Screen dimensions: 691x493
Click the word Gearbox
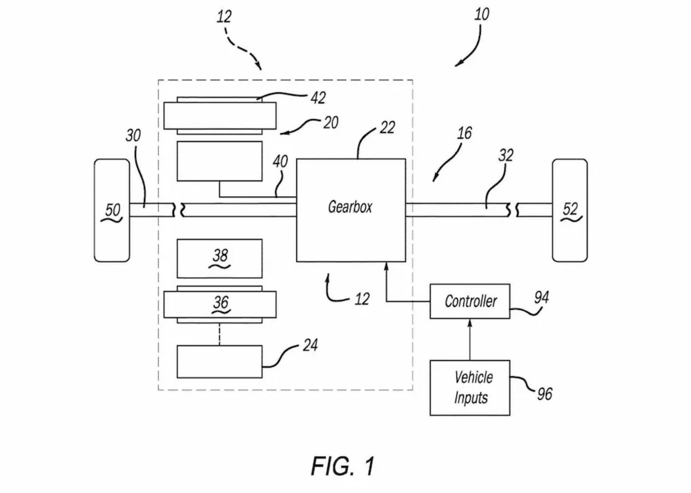(350, 207)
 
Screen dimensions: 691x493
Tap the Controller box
(470, 301)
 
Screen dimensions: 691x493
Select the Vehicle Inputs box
(470, 388)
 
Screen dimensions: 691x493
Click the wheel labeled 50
(112, 210)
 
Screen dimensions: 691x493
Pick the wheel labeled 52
(570, 210)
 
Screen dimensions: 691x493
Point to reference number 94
(541, 298)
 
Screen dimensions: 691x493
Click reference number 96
(545, 394)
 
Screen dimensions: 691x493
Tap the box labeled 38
(220, 258)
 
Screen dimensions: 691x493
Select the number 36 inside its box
(221, 302)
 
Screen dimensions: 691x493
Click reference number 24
(310, 345)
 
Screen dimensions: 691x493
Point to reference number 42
(318, 98)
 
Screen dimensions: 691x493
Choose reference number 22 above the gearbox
(387, 127)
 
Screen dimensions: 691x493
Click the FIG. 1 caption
(343, 466)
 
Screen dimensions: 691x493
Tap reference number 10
(482, 15)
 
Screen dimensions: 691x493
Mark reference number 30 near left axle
(133, 135)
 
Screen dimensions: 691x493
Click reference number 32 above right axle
(506, 155)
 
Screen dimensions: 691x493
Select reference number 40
(280, 161)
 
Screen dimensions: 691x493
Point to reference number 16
(464, 133)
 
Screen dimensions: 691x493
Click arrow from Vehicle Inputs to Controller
(470, 340)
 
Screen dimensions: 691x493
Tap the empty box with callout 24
(220, 361)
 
